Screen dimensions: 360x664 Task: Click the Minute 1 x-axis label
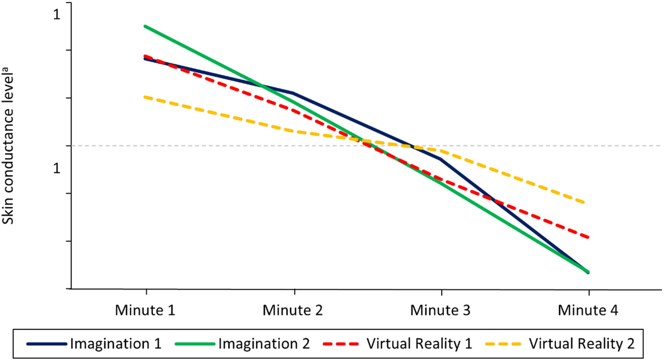145,310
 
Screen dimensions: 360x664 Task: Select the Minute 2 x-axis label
293,310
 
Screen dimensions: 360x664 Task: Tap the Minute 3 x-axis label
440,310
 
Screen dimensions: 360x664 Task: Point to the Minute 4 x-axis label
588,310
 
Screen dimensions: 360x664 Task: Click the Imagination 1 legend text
115,344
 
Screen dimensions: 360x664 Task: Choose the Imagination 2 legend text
264,344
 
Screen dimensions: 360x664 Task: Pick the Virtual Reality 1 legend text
419,344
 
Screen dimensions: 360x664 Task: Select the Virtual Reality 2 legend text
582,344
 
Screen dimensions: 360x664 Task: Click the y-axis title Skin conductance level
8,145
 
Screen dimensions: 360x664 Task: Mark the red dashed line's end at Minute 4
588,237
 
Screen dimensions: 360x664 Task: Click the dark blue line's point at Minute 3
440,159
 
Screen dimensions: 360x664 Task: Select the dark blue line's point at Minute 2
293,93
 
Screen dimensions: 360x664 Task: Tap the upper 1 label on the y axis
56,14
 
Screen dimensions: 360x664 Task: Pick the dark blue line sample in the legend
46,344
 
